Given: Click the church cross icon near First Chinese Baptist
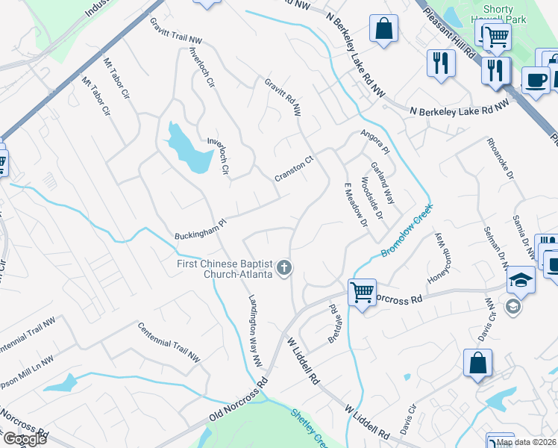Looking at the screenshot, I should pos(283,268).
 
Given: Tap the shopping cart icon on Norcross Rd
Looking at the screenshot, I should pos(362,292).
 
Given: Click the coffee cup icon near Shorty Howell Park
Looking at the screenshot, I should pos(535,79).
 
